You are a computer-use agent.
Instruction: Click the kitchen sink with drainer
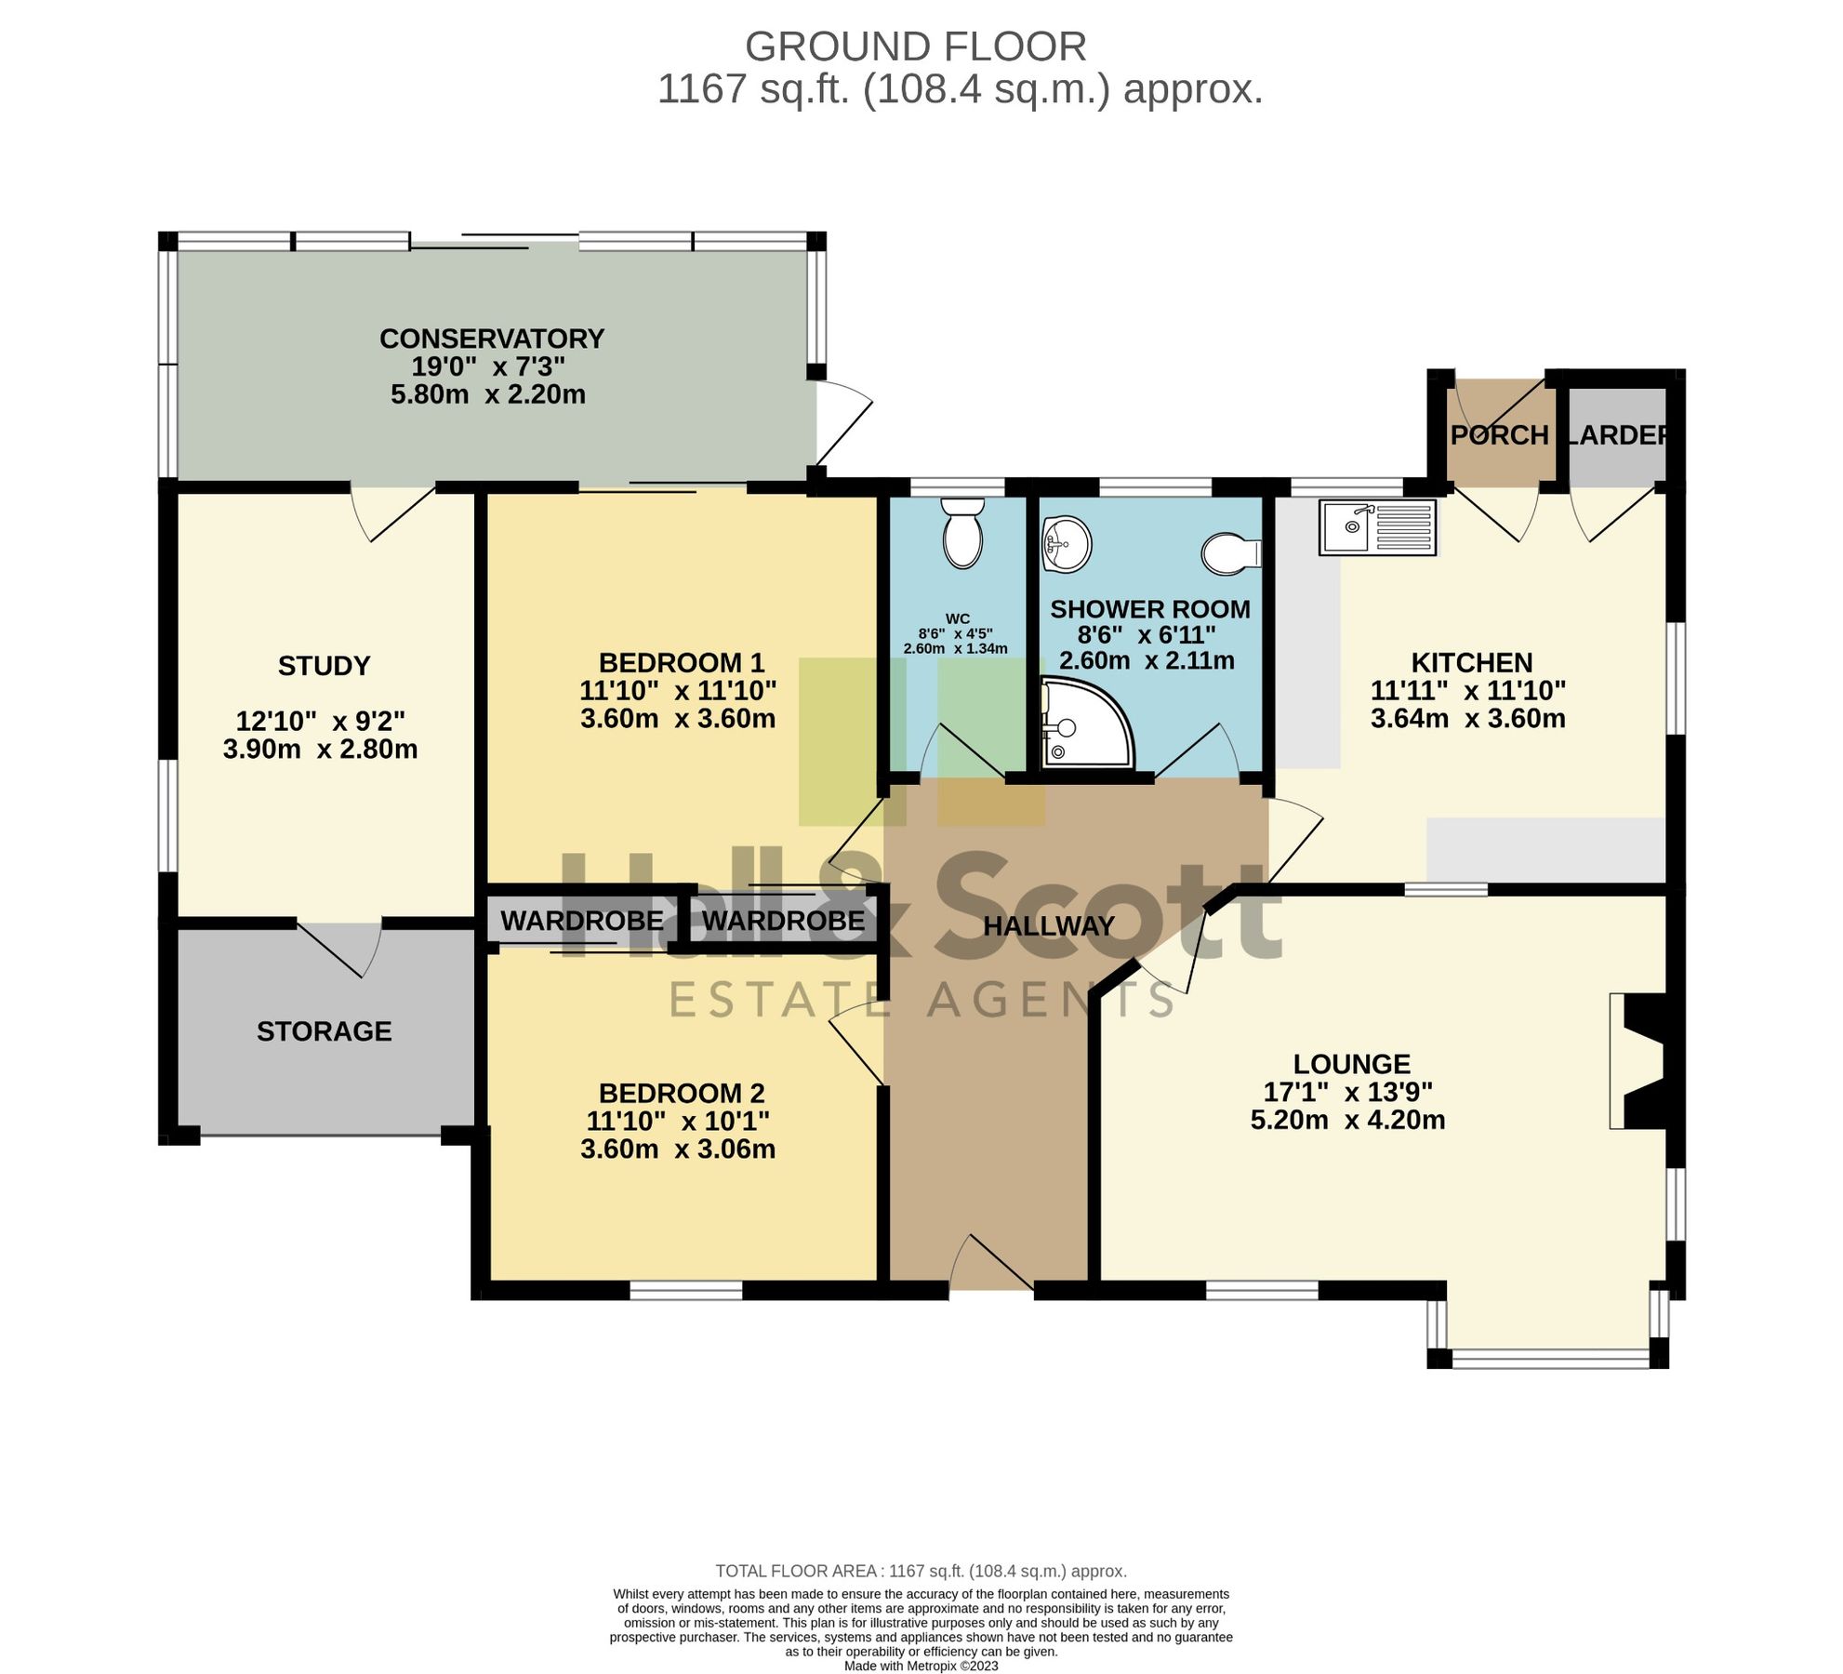click(1377, 527)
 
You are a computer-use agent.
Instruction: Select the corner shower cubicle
click(1084, 724)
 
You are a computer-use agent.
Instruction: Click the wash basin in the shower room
click(1066, 543)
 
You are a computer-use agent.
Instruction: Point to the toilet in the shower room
click(1231, 553)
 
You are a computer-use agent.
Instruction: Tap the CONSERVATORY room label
click(492, 339)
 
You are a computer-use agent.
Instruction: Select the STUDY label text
click(324, 666)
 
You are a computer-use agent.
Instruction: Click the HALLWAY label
click(1049, 926)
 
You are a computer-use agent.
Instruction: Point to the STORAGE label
click(324, 1031)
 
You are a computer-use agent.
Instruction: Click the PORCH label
click(1499, 435)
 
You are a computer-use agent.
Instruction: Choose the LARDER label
click(1617, 435)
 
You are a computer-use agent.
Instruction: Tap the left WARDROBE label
click(582, 921)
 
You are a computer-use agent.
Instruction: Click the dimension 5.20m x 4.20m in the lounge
click(1347, 1120)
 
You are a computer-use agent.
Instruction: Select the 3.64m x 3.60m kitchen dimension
click(1467, 718)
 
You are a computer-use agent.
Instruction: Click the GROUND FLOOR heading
click(915, 46)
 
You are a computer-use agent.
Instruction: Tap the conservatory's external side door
click(842, 423)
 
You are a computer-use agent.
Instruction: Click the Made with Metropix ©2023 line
click(921, 1666)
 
